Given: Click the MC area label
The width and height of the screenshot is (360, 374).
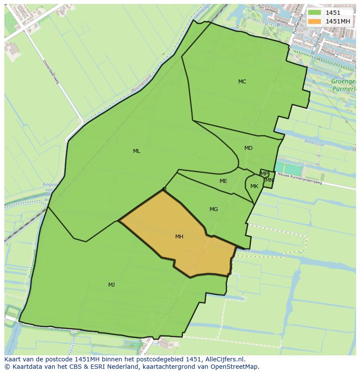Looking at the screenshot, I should pos(242,82).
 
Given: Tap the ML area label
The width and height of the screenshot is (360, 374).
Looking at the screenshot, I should pos(137,151).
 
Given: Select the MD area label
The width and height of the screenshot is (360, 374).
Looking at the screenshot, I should pos(248,148).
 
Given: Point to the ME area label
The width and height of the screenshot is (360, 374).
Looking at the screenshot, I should pos(223,181).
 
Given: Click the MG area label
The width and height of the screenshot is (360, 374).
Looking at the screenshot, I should pos(213,209).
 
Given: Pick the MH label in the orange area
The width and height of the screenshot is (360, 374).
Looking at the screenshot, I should pos(179,237).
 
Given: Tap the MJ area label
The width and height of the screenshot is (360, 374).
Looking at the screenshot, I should pos(111,285).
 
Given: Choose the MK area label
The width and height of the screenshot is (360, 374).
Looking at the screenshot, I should pos(254,186).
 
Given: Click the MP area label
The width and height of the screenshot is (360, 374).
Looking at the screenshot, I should pos(264,174).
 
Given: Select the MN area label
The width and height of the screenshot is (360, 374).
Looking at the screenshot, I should pos(269,180).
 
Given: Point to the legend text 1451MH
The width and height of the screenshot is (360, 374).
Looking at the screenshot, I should pos(338,21).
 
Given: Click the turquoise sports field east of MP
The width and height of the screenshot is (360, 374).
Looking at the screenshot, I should pos(287,169).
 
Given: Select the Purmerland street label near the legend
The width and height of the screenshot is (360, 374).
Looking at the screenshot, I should pos(298,24).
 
